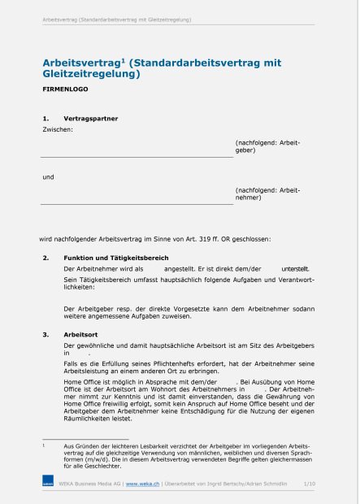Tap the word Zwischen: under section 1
tap(57, 129)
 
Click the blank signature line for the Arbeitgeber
tap(137, 156)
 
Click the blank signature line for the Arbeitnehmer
tap(137, 204)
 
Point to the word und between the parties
tap(48, 176)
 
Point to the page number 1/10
tap(310, 483)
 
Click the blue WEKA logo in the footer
tap(48, 483)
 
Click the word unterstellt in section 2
tap(295, 268)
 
